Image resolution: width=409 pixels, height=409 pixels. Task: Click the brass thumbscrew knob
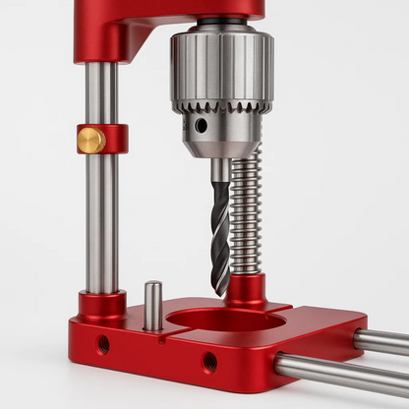(x=91, y=141)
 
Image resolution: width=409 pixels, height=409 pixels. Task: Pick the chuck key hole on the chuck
(x=201, y=126)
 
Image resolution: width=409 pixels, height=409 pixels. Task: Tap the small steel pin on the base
(x=153, y=305)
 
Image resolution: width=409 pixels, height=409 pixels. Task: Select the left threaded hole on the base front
(x=102, y=344)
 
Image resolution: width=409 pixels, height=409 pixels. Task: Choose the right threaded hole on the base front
(x=209, y=362)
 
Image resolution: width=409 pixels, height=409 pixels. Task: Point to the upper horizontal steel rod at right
(x=381, y=342)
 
